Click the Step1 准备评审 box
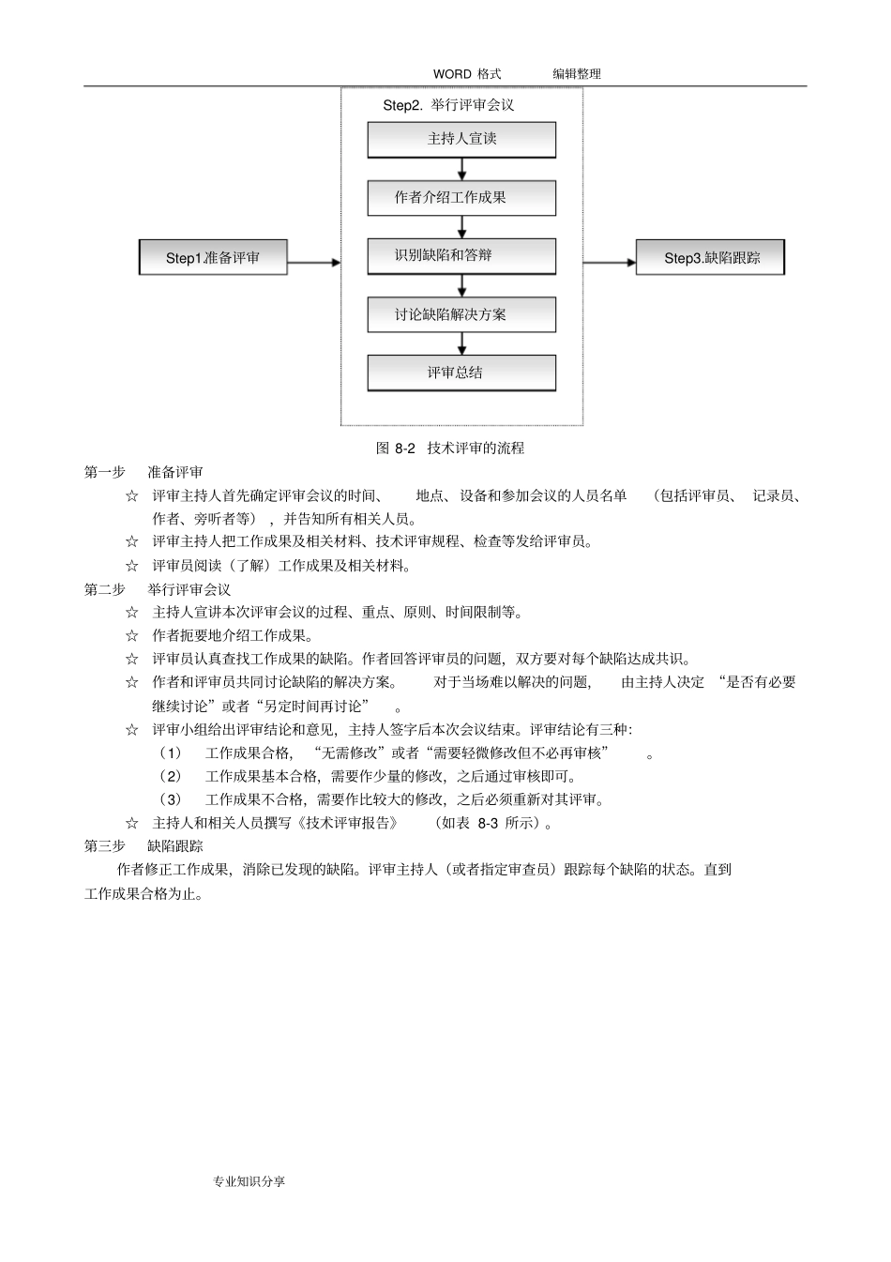[213, 258]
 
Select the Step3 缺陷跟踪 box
[710, 258]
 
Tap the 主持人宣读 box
[461, 139]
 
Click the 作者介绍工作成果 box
[461, 198]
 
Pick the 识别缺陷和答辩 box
[461, 255]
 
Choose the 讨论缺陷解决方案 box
[461, 314]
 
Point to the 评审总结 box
[461, 373]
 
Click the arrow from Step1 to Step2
[314, 263]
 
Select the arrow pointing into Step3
[610, 263]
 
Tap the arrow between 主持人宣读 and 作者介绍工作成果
[462, 169]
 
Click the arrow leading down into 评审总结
[462, 343]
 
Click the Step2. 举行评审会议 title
[448, 105]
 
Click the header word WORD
[452, 74]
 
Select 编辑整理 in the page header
[576, 74]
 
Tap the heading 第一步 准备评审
[143, 472]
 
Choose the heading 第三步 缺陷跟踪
[143, 846]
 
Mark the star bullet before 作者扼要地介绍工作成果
[132, 636]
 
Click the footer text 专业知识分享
[249, 1181]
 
